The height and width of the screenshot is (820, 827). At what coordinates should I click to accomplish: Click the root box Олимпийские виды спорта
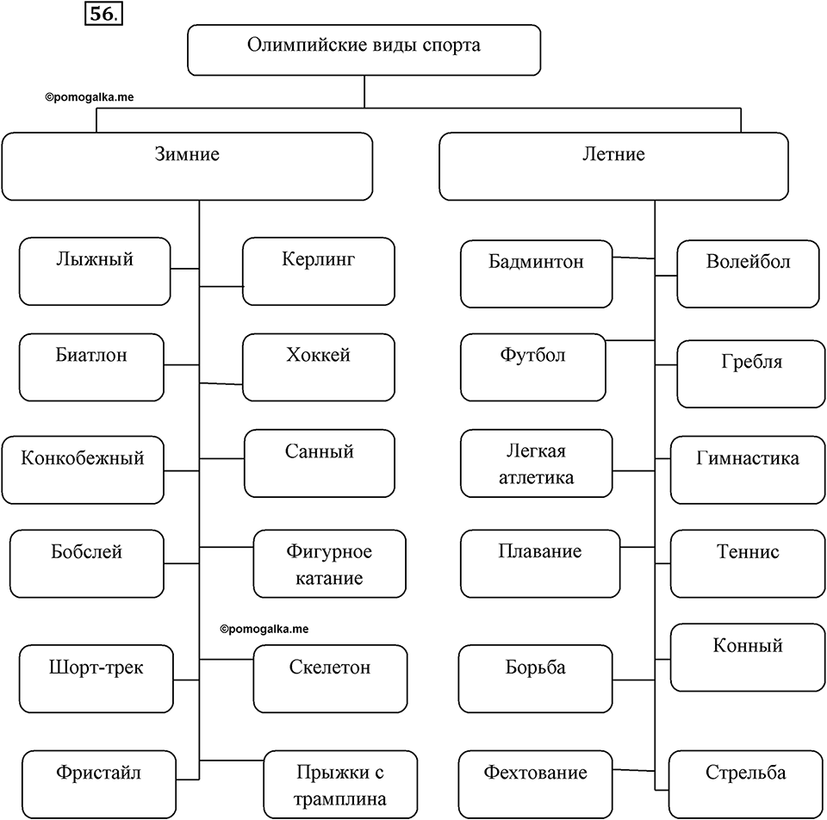[364, 50]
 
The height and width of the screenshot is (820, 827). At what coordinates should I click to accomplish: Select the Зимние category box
[187, 166]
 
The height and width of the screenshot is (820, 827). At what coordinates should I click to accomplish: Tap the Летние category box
[613, 166]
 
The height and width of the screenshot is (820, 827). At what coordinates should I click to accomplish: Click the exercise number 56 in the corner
[103, 14]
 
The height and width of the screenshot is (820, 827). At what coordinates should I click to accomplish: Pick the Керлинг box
[319, 271]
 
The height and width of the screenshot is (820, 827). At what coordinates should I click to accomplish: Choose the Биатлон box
[91, 367]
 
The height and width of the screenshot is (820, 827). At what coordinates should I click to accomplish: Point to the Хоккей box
[319, 367]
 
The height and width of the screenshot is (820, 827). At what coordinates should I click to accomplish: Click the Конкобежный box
[83, 469]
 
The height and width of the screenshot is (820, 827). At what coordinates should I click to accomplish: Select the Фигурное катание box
[330, 563]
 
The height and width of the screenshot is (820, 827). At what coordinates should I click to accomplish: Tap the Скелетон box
[330, 679]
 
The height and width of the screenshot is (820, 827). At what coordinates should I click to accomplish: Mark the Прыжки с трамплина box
[341, 785]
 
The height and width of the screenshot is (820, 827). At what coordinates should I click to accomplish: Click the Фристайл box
[99, 785]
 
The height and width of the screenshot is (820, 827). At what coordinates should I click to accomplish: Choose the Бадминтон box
[537, 274]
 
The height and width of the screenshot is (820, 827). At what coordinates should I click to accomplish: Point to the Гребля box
[751, 374]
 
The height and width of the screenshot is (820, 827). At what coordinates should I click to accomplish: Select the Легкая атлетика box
[537, 463]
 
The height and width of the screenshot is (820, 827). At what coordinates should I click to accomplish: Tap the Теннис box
[748, 563]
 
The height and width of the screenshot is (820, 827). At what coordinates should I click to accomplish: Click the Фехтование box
[535, 785]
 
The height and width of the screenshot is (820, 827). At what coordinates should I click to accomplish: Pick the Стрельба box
[747, 785]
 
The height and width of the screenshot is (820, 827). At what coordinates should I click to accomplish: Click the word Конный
[748, 645]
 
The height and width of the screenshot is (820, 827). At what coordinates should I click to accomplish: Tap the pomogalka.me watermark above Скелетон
[264, 629]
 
